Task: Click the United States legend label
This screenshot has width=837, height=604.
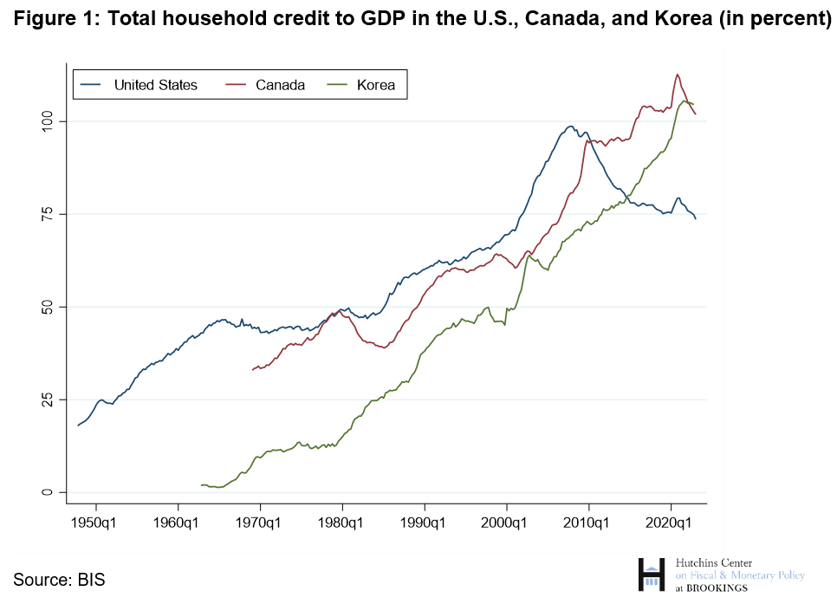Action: pos(156,85)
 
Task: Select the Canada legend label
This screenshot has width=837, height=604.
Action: pos(280,85)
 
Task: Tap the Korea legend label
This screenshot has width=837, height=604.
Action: pos(375,85)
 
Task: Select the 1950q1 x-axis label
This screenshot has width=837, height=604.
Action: pos(96,523)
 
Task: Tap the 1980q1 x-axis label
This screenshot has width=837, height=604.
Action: pos(342,523)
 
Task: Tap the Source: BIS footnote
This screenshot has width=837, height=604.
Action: pos(59,579)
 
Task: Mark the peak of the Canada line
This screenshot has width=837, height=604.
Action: pos(677,75)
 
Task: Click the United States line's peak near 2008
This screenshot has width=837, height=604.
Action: pos(570,127)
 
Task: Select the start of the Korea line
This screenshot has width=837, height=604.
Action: pos(201,485)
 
